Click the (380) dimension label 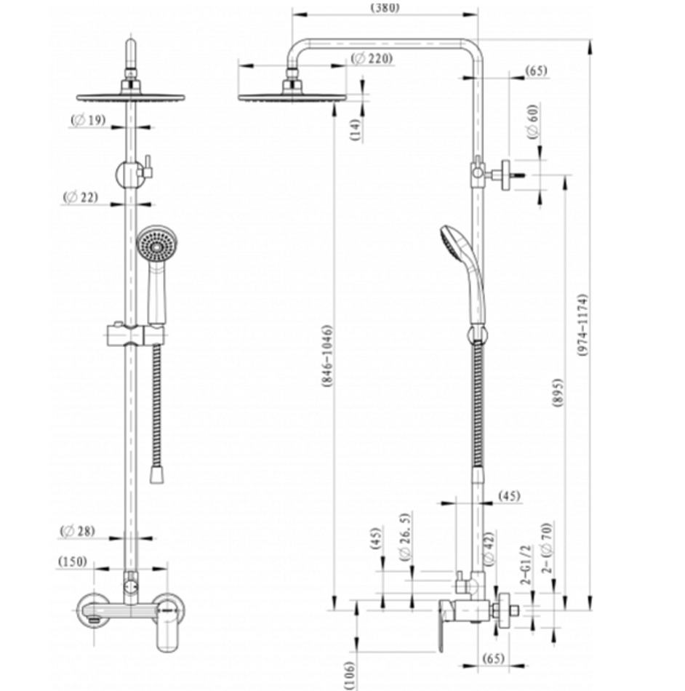385,9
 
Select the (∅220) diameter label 371,59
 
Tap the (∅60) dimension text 532,121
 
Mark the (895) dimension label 557,393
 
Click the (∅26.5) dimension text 405,536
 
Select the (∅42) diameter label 489,547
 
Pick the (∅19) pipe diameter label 89,119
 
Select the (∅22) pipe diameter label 80,197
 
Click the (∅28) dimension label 78,531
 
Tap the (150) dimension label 73,562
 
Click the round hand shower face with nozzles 156,244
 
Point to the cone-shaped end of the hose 155,475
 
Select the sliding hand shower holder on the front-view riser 133,335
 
